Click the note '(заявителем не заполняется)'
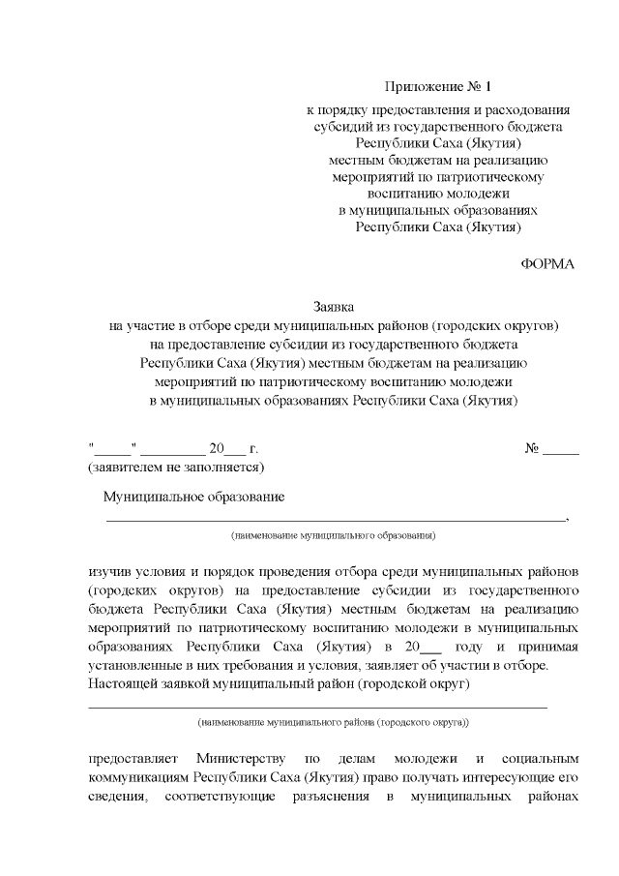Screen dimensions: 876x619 click(176, 467)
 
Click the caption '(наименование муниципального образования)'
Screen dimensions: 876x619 click(334, 534)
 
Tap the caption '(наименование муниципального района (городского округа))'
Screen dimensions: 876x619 click(334, 722)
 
